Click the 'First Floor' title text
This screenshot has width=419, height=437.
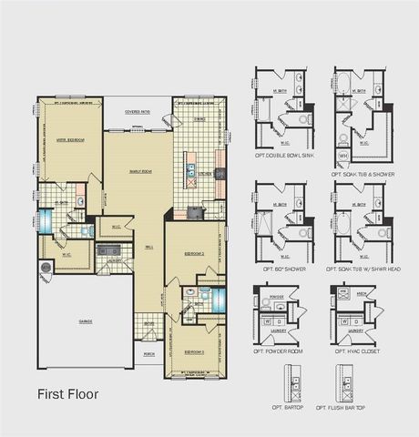67,394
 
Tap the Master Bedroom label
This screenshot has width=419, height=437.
70,140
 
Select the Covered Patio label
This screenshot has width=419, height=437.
138,111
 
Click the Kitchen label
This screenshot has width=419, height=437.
206,173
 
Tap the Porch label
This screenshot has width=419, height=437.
148,356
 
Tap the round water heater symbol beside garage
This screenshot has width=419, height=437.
46,267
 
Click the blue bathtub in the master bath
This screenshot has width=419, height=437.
86,233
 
